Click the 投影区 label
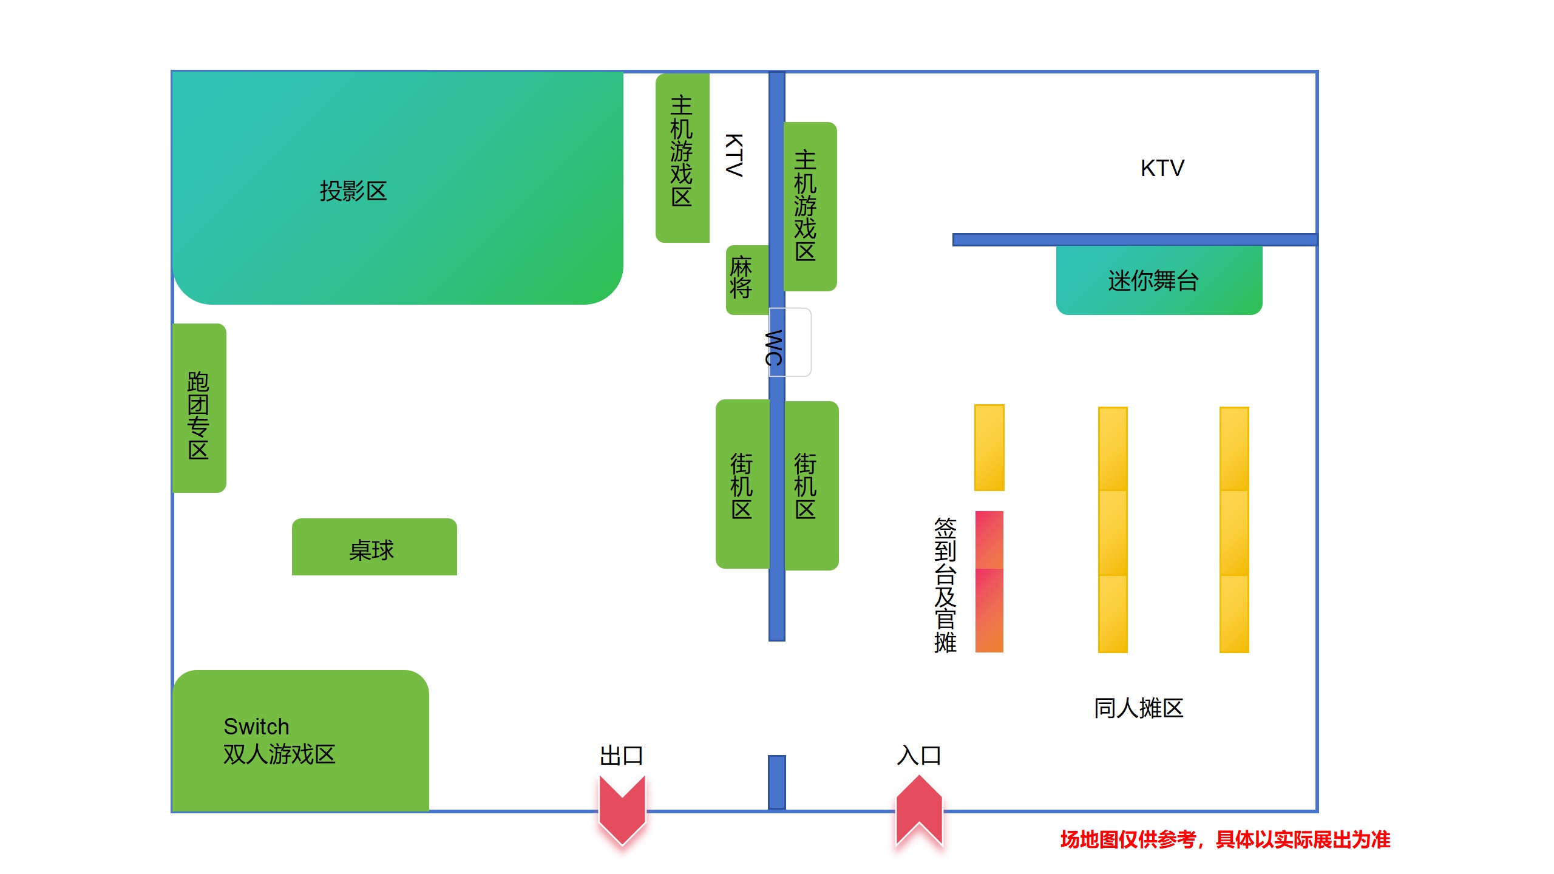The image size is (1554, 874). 353,191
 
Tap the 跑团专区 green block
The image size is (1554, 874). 199,408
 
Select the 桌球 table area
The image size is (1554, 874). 374,547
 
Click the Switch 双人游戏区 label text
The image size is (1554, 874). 279,740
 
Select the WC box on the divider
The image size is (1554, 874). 789,343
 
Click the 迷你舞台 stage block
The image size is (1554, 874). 1159,280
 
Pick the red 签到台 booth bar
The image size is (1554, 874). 989,581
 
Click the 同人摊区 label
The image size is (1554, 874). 1138,708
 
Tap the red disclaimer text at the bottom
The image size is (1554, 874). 1225,839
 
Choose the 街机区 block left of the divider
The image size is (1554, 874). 742,484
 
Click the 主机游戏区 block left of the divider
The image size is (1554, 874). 682,158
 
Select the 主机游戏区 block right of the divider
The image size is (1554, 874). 810,206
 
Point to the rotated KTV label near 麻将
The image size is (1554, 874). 735,155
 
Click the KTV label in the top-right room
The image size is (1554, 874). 1162,168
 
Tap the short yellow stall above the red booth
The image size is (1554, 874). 989,447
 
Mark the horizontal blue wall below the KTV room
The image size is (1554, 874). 1134,240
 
